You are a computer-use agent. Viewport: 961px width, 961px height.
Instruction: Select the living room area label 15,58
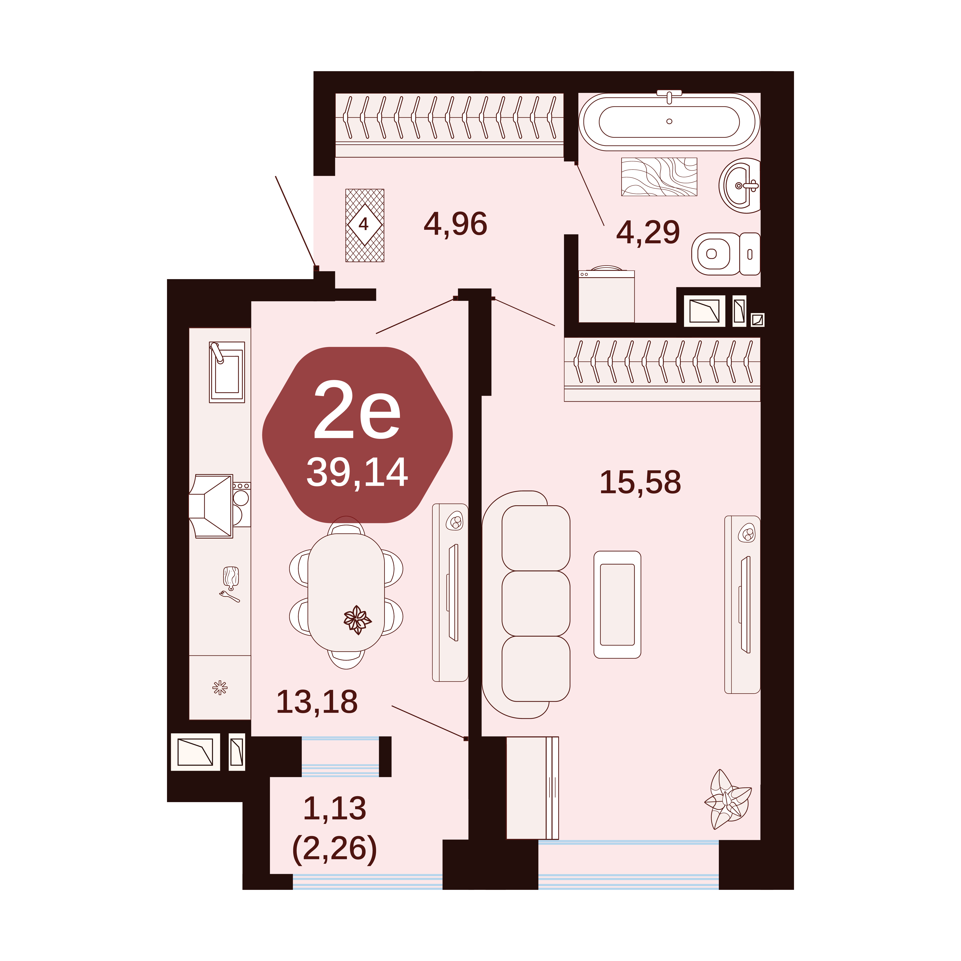pyautogui.click(x=640, y=482)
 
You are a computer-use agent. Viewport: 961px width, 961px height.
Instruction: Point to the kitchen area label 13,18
pyautogui.click(x=317, y=702)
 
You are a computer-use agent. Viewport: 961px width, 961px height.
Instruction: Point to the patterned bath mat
pyautogui.click(x=659, y=177)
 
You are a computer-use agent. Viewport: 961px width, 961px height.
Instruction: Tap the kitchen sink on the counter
pyautogui.click(x=227, y=372)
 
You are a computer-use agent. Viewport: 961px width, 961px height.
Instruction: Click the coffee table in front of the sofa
pyautogui.click(x=617, y=604)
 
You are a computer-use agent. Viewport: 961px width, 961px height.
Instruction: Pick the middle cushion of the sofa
pyautogui.click(x=536, y=603)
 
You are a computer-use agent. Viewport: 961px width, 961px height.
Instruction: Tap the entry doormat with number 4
pyautogui.click(x=365, y=225)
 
